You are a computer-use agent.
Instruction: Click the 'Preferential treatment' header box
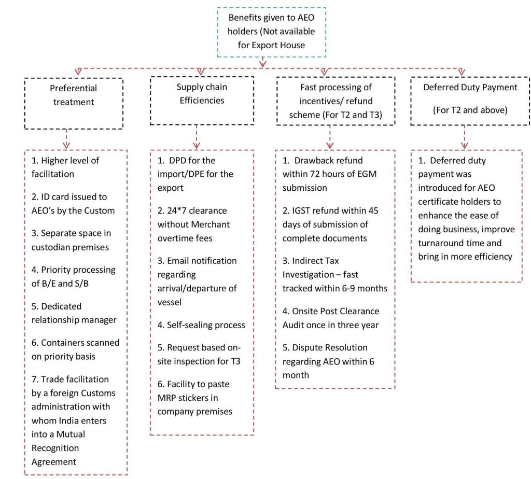pyautogui.click(x=74, y=103)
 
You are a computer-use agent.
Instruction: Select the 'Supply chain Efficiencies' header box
pyautogui.click(x=202, y=101)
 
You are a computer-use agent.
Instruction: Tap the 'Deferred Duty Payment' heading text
pyautogui.click(x=470, y=87)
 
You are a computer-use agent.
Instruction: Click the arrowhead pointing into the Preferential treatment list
pyautogui.click(x=66, y=145)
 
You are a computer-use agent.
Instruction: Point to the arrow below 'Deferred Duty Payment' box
pyautogui.click(x=464, y=137)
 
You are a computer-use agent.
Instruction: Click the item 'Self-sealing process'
pyautogui.click(x=201, y=325)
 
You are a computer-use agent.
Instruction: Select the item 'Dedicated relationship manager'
pyautogui.click(x=74, y=313)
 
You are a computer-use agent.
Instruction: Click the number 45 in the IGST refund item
pyautogui.click(x=373, y=210)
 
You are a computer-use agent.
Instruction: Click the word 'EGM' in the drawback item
pyautogui.click(x=367, y=174)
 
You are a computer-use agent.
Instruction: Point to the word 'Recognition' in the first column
pyautogui.click(x=55, y=448)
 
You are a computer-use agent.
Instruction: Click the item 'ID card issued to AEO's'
pyautogui.click(x=73, y=204)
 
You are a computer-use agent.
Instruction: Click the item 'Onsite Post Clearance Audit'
pyautogui.click(x=331, y=318)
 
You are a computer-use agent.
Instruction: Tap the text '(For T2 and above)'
pyautogui.click(x=470, y=110)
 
